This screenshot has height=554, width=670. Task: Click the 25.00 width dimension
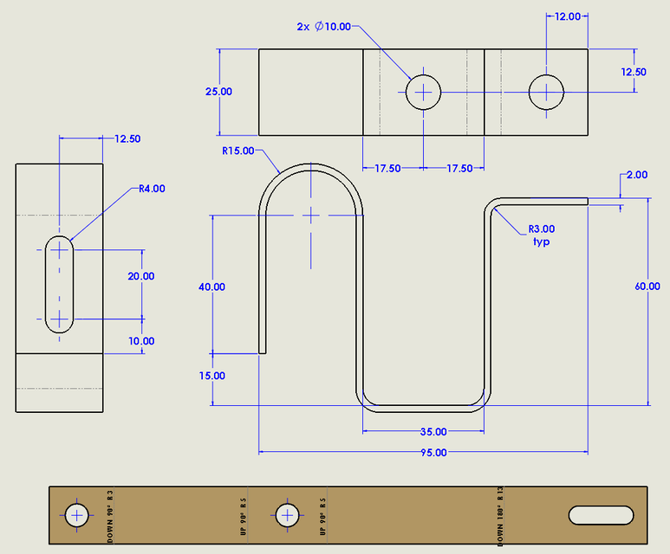(x=218, y=91)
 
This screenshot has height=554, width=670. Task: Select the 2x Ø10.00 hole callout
(x=323, y=27)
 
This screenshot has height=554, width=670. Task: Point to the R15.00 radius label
(x=238, y=151)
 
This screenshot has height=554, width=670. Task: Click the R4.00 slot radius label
(x=152, y=188)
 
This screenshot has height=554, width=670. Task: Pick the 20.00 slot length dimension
(x=140, y=276)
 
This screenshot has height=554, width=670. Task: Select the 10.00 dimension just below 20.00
(x=140, y=341)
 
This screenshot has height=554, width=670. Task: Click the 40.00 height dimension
(x=211, y=287)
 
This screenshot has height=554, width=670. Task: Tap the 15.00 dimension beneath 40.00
(x=211, y=376)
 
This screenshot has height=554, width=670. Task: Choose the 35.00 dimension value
(x=433, y=431)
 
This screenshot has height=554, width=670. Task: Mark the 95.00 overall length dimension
(x=433, y=452)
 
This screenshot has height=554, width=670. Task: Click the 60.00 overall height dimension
(x=647, y=287)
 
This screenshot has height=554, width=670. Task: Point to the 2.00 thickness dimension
(x=636, y=175)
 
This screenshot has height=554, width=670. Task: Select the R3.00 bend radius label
(x=542, y=229)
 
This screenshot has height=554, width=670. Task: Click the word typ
(x=541, y=242)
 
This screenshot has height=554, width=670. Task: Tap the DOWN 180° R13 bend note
(x=501, y=516)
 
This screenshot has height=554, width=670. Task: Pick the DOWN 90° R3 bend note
(x=110, y=516)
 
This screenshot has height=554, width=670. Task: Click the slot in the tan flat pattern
(x=601, y=515)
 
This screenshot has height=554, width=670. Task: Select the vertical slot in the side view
(x=59, y=284)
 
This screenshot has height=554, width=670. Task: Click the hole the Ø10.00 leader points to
(x=424, y=91)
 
